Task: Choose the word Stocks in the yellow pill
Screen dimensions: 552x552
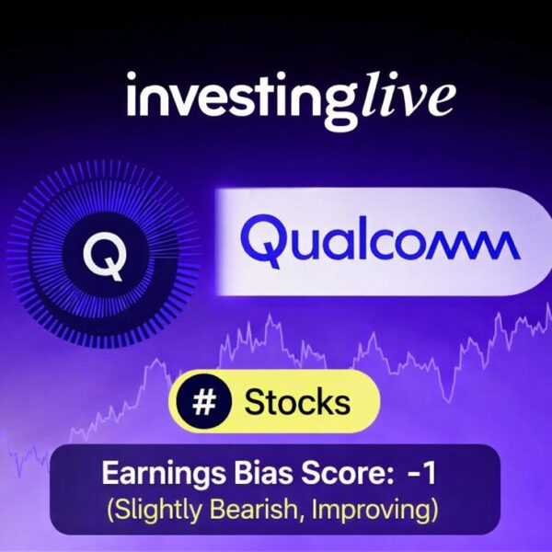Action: pos(296,402)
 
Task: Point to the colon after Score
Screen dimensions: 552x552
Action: pos(376,477)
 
